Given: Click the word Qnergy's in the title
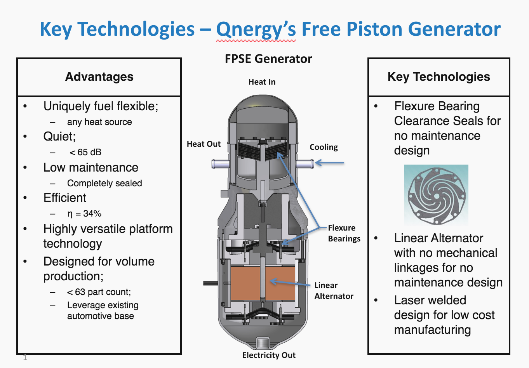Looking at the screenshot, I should (x=256, y=30).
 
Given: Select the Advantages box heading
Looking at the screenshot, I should (x=99, y=77).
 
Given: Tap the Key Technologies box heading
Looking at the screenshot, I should (x=439, y=77).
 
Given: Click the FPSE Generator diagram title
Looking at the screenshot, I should (x=268, y=59).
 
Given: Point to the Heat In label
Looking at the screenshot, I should (x=262, y=82).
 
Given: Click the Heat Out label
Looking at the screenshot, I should (x=204, y=144).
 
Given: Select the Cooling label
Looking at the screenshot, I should (x=324, y=147).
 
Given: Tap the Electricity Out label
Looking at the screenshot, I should (x=269, y=355).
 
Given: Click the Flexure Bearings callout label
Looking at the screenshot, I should (x=344, y=233).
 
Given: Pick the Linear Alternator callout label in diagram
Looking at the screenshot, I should (x=334, y=291).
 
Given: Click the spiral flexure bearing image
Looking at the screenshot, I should (x=436, y=195).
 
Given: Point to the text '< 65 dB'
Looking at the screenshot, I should (x=85, y=152).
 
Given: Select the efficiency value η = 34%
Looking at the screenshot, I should (x=84, y=214).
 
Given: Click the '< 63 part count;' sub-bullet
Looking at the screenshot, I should (x=99, y=292).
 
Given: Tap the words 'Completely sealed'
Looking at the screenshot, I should (x=104, y=183).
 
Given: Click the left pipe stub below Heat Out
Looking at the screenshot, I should (x=220, y=164).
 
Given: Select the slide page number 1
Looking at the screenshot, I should (x=25, y=358).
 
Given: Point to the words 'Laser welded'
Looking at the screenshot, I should (x=430, y=300).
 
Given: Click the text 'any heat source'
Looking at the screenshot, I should (x=99, y=122).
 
